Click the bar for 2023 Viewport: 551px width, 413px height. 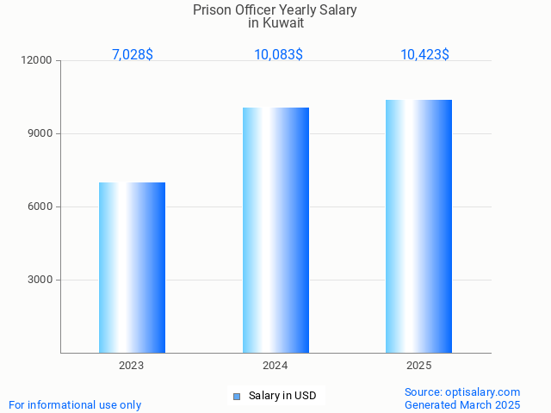pos(132,268)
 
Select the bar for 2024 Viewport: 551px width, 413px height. pos(275,230)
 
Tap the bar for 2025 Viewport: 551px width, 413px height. pos(418,226)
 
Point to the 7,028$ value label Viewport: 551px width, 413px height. pos(133,54)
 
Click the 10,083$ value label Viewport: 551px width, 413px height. pos(278,54)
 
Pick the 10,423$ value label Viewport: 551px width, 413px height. pos(424,54)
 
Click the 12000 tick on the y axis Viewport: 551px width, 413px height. pos(38,60)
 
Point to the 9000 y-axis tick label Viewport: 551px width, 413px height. pos(40,133)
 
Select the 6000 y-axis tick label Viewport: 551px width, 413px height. pos(40,206)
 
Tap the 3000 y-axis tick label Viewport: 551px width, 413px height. pos(40,280)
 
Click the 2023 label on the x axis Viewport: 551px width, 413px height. pos(132,366)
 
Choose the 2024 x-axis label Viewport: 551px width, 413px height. pos(275,366)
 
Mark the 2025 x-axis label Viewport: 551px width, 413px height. pos(418,366)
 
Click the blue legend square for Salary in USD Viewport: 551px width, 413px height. pos(237,396)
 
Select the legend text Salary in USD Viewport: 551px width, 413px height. pos(282,396)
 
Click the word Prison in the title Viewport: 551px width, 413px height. pos(212,10)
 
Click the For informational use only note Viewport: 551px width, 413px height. pos(75,404)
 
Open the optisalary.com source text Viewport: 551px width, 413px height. pos(462,391)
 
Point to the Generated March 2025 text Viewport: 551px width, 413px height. pos(462,404)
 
